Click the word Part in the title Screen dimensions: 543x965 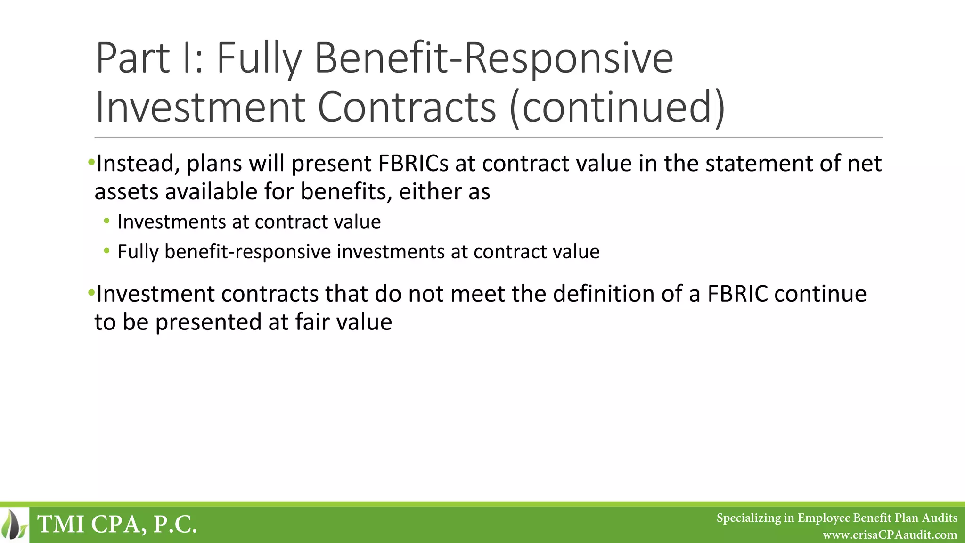coord(132,58)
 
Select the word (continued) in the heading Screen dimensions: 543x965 coord(617,107)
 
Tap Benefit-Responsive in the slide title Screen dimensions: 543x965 coord(493,58)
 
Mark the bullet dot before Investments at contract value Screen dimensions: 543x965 coord(107,221)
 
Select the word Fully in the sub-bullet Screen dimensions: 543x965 coord(138,252)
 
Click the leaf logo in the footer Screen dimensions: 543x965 coord(14,524)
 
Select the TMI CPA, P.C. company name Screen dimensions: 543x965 coord(117,524)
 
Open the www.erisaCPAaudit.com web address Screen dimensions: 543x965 coord(890,535)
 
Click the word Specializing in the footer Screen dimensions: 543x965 coord(748,518)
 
